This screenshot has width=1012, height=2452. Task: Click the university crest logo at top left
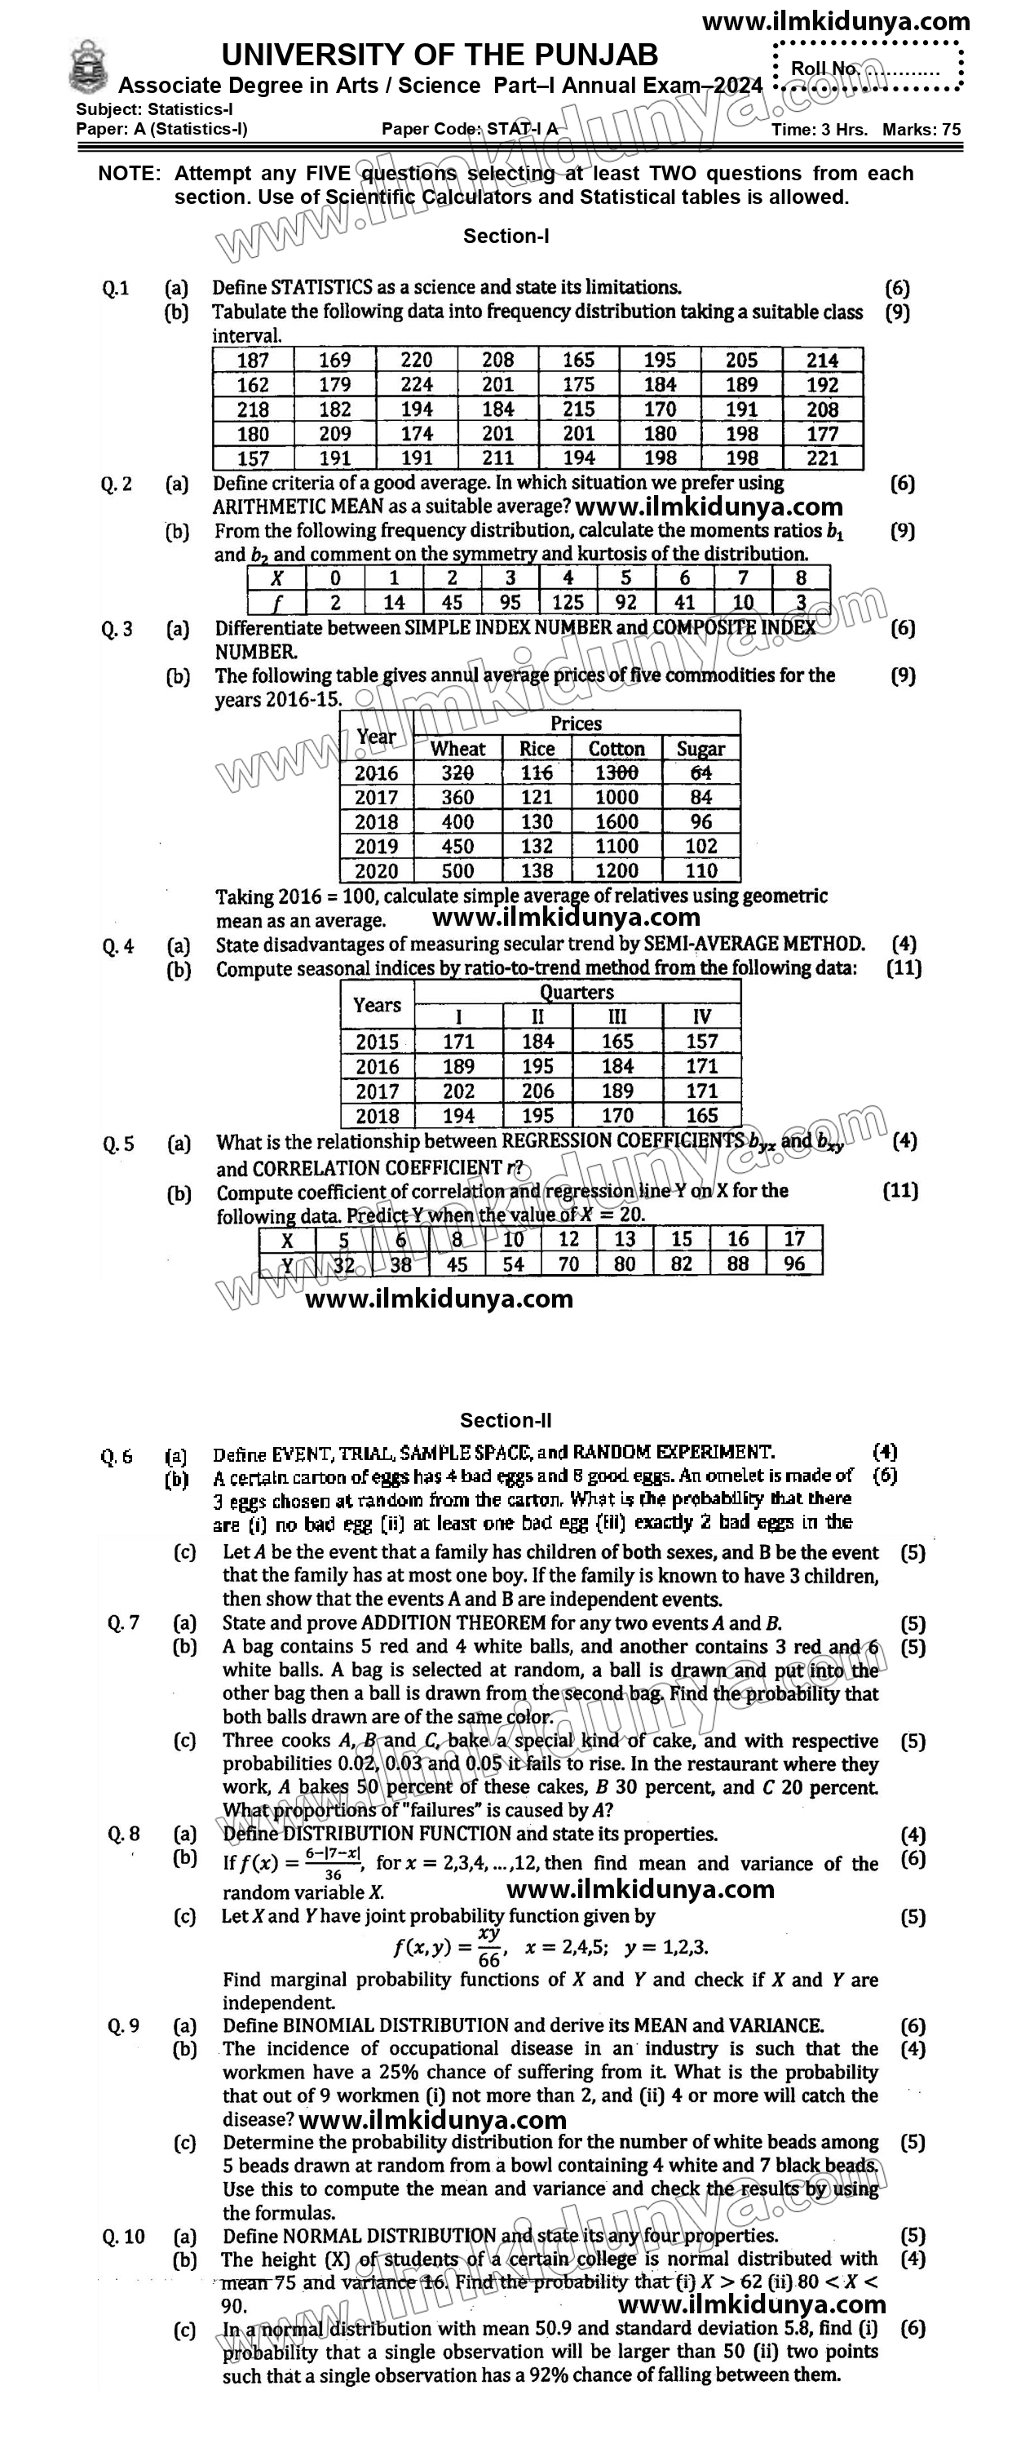[x=89, y=66]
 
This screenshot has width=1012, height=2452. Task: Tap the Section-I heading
[x=506, y=236]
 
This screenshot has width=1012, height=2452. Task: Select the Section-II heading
[x=506, y=1420]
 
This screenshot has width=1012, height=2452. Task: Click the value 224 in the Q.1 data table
[x=416, y=384]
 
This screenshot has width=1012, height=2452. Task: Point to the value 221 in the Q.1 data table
[x=823, y=458]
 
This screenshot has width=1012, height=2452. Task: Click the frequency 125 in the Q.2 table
[x=568, y=603]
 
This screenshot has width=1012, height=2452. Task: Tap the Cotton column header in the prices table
[x=616, y=749]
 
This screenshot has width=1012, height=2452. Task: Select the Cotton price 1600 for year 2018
[x=616, y=821]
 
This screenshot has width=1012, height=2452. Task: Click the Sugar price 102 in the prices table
[x=700, y=846]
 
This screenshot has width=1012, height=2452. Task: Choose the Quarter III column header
[x=617, y=1017]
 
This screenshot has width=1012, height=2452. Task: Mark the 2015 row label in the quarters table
[x=377, y=1042]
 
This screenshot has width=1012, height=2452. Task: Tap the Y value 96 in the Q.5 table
[x=794, y=1264]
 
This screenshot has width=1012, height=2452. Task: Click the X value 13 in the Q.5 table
[x=625, y=1239]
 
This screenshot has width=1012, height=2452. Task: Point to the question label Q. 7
[x=124, y=1623]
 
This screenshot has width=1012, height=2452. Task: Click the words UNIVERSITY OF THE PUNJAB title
[x=440, y=55]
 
